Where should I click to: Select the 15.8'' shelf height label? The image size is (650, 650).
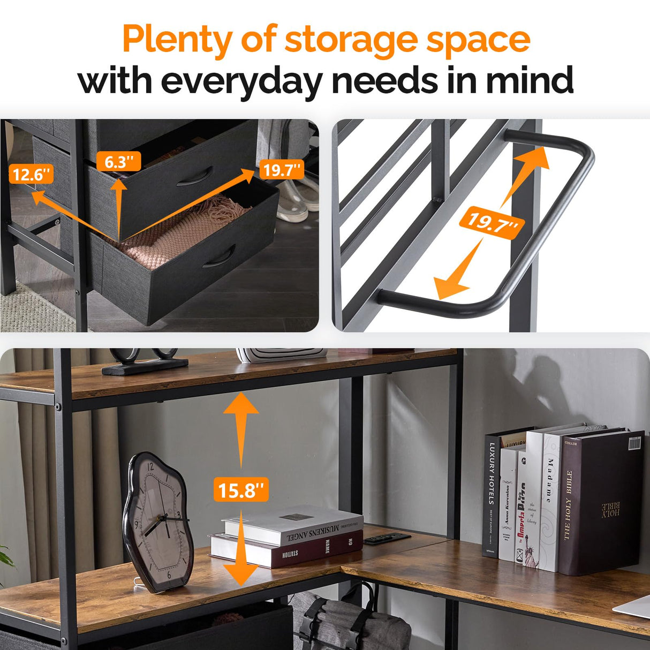(x=241, y=489)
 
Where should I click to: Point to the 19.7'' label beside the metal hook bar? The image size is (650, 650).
(x=492, y=222)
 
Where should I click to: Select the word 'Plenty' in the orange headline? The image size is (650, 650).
(x=177, y=41)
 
